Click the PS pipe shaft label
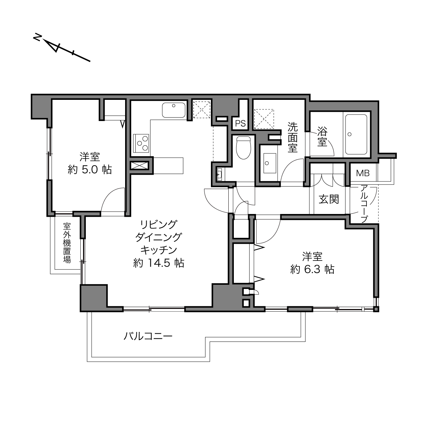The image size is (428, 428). coord(240,123)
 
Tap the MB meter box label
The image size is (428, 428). coord(363,173)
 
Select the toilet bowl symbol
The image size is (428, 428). coord(243,147)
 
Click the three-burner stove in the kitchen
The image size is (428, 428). coord(141,143)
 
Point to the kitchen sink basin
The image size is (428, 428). coord(174,110)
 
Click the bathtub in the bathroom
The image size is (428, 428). coord(356,134)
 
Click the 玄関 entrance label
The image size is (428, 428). coord(329,199)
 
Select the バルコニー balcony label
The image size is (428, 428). coord(148,336)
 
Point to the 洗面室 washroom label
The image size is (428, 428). coord(293,137)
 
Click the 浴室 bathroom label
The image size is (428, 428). coord(322,136)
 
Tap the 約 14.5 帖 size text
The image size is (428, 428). coord(159,263)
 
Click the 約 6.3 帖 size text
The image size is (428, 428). coord(312,269)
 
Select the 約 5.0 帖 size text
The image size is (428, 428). coord(90,170)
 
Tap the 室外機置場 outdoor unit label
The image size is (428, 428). coord(67,243)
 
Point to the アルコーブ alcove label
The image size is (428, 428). coord(364,204)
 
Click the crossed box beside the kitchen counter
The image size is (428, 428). coord(139,165)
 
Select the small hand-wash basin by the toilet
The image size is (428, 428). coord(219,174)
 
